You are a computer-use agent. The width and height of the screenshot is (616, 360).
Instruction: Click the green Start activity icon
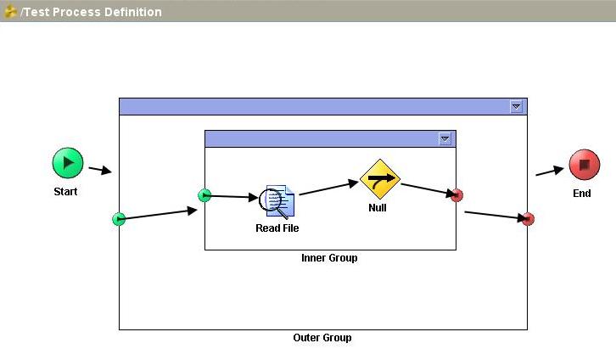click(x=68, y=163)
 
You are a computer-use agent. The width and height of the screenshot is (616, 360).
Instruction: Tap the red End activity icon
click(x=584, y=165)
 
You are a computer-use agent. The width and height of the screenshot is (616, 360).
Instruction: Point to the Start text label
click(x=65, y=192)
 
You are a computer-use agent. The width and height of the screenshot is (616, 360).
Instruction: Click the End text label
click(x=581, y=194)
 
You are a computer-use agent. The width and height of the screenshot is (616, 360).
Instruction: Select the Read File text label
click(x=277, y=228)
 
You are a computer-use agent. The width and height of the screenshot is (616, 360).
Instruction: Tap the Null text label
click(x=378, y=208)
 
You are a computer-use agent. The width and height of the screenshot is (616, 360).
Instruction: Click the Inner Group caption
click(x=329, y=258)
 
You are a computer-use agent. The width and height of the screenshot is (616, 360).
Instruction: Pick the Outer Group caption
click(x=322, y=338)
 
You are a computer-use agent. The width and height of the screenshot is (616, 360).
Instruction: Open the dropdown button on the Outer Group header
click(x=516, y=106)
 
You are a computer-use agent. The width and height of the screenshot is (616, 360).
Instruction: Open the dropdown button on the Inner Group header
click(x=445, y=138)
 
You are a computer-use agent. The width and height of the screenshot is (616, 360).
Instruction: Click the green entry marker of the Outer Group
click(x=119, y=219)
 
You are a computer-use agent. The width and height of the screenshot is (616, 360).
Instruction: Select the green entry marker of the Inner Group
click(x=204, y=195)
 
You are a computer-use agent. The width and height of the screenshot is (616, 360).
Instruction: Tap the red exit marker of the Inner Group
click(x=456, y=195)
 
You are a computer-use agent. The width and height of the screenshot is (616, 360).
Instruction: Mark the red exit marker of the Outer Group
click(x=528, y=219)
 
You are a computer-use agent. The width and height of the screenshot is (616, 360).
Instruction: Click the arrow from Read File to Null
click(x=329, y=188)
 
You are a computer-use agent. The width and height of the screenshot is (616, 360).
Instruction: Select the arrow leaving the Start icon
click(x=100, y=170)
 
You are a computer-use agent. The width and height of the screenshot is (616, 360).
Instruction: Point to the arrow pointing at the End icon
click(x=550, y=171)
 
